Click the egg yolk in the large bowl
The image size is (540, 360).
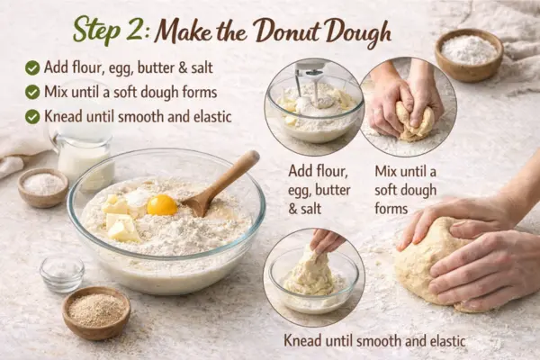coord(162,204)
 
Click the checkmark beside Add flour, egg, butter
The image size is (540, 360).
coord(32,67)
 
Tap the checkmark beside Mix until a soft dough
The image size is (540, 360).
coord(32,92)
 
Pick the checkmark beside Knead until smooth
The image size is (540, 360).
coord(32,116)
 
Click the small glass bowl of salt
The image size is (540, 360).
coord(62,272)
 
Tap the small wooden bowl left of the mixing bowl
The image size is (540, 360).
coord(43,186)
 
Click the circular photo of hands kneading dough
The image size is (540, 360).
coord(408,106)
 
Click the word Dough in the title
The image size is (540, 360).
coord(358,31)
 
